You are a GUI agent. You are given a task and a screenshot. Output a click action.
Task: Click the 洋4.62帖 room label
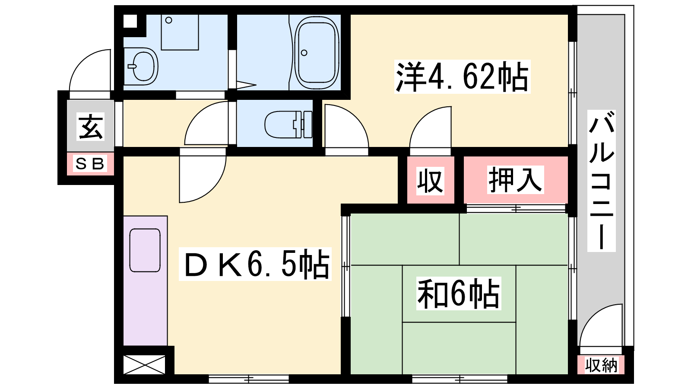click(x=462, y=77)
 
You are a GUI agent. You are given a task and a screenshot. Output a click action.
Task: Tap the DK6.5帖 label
click(x=255, y=264)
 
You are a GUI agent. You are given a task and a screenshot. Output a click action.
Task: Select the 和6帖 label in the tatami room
click(x=458, y=293)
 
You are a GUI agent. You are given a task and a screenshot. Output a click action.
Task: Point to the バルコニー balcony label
click(x=601, y=181)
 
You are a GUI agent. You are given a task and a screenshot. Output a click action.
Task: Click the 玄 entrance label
click(x=91, y=127)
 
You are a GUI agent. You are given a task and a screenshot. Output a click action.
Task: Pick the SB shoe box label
click(x=90, y=164)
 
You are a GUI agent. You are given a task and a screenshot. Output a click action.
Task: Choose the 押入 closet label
click(x=515, y=180)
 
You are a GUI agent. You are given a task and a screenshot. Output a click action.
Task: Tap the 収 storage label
click(x=430, y=181)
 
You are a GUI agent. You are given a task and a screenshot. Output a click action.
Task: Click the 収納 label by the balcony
click(x=601, y=365)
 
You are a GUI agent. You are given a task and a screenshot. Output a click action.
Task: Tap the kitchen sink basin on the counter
click(x=145, y=250)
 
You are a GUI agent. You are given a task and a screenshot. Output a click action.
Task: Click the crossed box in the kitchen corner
click(x=144, y=365)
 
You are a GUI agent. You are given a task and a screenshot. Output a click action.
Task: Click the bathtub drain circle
click(x=304, y=53)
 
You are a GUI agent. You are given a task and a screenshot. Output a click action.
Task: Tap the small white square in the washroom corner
click(x=130, y=21)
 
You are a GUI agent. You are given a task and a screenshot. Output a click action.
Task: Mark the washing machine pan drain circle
click(x=169, y=20)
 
